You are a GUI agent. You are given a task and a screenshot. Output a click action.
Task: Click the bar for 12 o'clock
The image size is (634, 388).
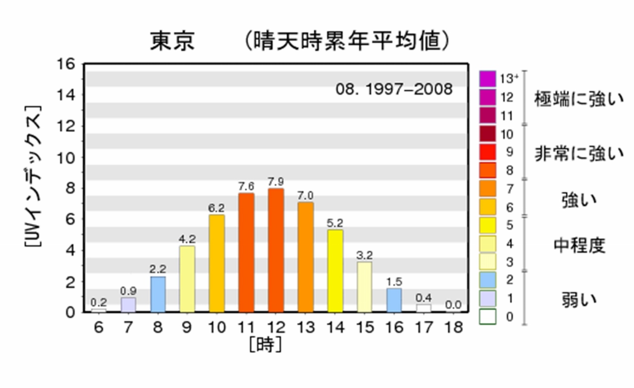click(x=275, y=250)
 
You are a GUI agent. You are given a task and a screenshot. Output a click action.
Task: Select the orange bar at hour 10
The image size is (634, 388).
click(x=216, y=263)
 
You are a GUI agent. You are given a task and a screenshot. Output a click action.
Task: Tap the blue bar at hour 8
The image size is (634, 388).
click(x=158, y=294)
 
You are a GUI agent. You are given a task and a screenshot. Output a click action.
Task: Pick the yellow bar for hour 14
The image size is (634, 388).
click(x=335, y=271)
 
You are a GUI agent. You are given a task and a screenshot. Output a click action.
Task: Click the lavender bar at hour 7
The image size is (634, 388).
click(x=128, y=305)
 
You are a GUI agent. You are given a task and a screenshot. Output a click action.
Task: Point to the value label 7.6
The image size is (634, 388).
click(x=246, y=186)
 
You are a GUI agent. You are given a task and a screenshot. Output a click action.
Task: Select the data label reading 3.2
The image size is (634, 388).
click(x=364, y=255)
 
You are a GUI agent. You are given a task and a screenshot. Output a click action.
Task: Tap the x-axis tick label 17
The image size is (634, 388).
click(x=423, y=328)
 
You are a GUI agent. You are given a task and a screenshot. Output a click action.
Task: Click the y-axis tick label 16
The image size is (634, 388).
click(x=66, y=64)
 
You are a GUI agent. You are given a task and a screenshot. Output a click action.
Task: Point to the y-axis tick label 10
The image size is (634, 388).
click(x=66, y=158)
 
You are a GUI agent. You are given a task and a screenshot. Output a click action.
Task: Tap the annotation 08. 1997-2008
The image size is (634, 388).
click(x=394, y=89)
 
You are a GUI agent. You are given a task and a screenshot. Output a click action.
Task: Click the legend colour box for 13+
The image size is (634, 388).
click(x=487, y=78)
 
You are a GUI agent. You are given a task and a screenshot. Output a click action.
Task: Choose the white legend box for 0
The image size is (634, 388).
click(x=487, y=317)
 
